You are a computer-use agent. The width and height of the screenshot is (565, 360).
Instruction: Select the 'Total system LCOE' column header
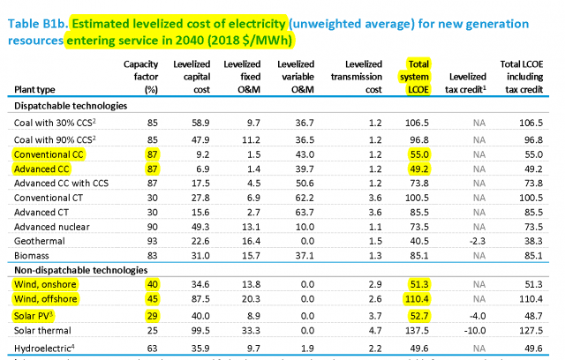pos(419,77)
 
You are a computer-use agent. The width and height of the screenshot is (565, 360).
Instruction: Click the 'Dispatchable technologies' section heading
pos(68,106)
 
